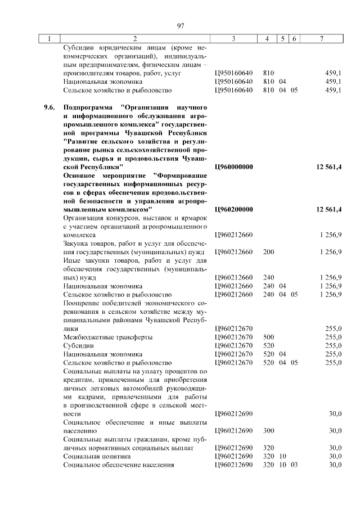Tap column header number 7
coord(321,38)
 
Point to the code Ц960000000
coord(234,167)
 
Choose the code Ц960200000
coord(234,209)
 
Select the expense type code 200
coord(268,251)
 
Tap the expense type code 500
coord(268,337)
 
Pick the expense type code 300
coord(268,431)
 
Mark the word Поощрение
coord(83,303)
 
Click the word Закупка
coord(78,243)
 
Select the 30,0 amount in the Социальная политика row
coord(335,456)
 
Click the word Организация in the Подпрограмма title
coord(146,107)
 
